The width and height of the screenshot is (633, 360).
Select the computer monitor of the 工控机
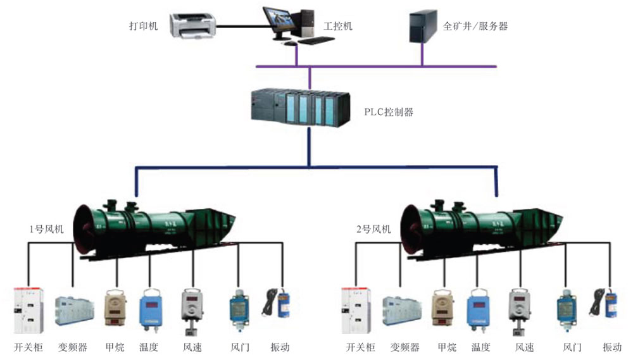point(279,22)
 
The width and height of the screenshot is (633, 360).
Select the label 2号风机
point(373,228)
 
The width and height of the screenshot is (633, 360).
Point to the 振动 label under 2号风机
point(612,347)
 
